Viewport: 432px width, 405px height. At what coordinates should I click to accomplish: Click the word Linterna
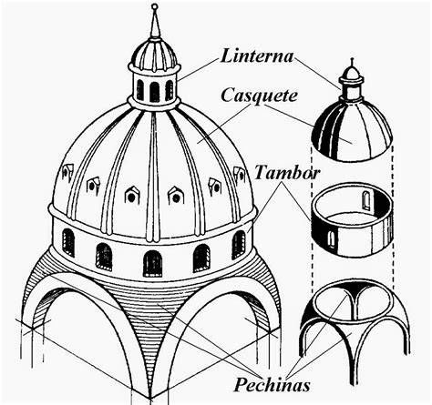[x=257, y=56]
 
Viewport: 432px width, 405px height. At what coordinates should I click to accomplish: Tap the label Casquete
[x=259, y=96]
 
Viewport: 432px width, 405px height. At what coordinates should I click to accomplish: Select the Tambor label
[x=287, y=173]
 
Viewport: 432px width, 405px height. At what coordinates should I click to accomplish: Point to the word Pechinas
[x=273, y=385]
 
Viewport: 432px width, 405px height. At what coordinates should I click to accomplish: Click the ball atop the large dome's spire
[x=155, y=6]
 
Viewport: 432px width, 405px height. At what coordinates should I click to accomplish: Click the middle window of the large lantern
[x=154, y=92]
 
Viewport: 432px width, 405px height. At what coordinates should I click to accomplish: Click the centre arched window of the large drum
[x=152, y=263]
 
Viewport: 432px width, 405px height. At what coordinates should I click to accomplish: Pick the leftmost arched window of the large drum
[x=68, y=242]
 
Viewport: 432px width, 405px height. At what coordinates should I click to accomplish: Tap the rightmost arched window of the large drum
[x=239, y=245]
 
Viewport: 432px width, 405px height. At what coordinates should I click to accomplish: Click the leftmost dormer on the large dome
[x=67, y=171]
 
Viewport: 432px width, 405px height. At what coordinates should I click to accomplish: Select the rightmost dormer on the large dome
[x=240, y=175]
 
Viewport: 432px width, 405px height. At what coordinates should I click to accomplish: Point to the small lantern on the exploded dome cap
[x=352, y=80]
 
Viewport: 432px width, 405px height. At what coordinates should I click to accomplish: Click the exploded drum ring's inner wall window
[x=366, y=201]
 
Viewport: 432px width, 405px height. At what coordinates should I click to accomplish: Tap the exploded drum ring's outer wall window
[x=332, y=239]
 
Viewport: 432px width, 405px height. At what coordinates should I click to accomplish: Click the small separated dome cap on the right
[x=353, y=130]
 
